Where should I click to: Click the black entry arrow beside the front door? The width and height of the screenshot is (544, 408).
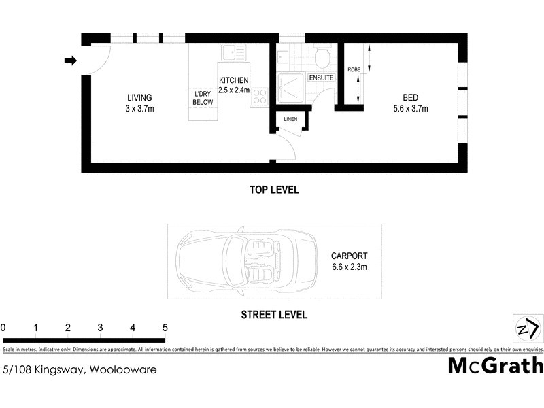coord(70,61)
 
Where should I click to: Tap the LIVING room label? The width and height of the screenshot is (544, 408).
coord(139,97)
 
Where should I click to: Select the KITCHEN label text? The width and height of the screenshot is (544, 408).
coord(234,80)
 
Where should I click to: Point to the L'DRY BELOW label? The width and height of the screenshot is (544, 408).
coord(203,97)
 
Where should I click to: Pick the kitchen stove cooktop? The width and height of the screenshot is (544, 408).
coord(258,97)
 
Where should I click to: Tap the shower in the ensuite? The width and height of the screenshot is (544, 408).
coord(290,86)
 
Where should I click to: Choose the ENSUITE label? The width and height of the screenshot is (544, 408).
coord(322,78)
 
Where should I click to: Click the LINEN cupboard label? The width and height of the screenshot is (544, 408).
coord(290,120)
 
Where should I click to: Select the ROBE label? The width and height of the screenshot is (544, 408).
coord(354,70)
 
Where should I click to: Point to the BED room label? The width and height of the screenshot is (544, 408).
coord(410,97)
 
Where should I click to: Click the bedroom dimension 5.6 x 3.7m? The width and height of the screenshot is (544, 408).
coord(410,108)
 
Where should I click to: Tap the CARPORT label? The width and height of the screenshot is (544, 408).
coord(349,256)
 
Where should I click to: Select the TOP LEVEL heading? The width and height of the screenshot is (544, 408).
coord(274,190)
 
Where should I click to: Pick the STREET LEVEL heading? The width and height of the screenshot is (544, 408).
coord(274,315)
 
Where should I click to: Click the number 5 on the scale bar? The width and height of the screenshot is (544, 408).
coord(165,328)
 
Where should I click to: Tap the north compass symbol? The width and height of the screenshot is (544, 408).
coord(526,328)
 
